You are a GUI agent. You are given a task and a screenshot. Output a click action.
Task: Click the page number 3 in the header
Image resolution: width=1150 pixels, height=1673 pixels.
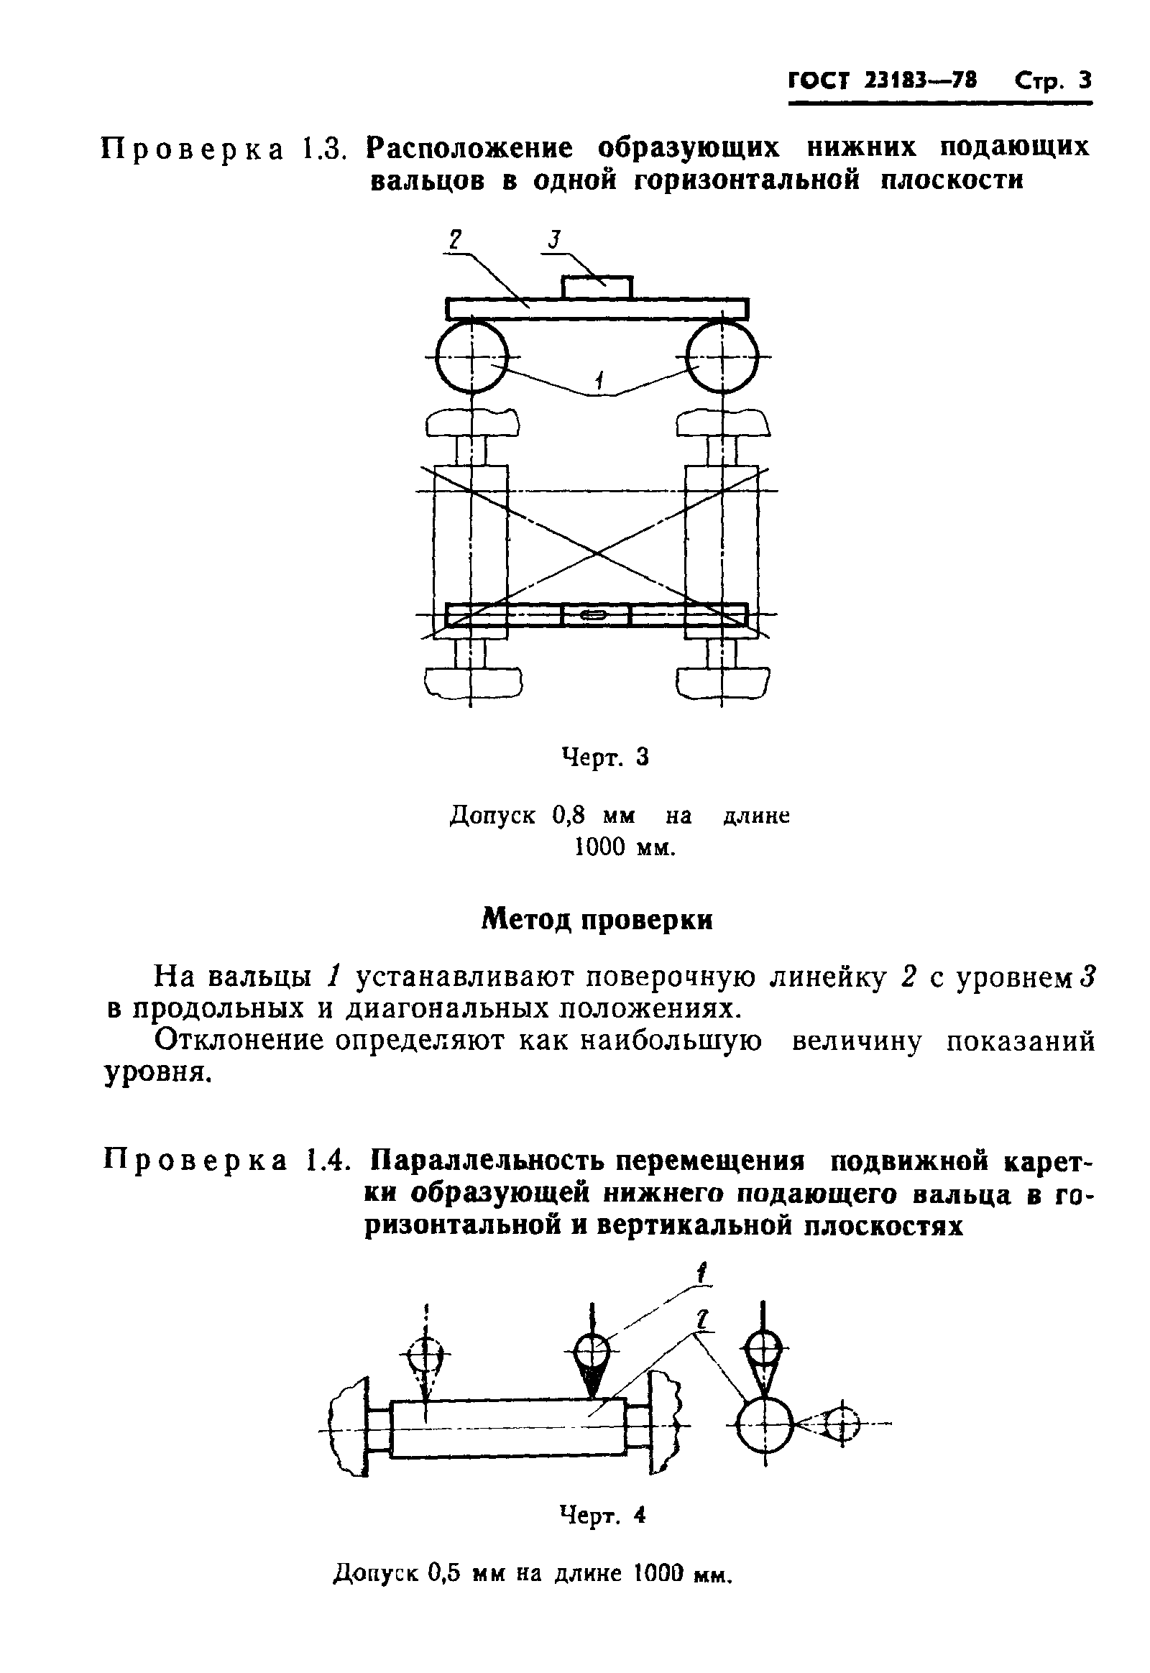pyautogui.click(x=1085, y=80)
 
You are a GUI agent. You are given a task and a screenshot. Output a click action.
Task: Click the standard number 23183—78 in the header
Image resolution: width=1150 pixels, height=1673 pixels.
pyautogui.click(x=919, y=80)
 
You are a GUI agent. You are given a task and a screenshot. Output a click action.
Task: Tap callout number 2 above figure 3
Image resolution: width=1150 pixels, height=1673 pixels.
pyautogui.click(x=455, y=240)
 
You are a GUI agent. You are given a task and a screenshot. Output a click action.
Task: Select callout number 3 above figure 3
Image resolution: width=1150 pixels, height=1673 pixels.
pyautogui.click(x=553, y=240)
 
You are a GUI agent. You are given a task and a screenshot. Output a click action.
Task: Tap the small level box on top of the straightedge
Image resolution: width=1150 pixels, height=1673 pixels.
pyautogui.click(x=597, y=287)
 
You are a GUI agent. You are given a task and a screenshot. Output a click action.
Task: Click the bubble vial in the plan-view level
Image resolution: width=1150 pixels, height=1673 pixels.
pyautogui.click(x=595, y=614)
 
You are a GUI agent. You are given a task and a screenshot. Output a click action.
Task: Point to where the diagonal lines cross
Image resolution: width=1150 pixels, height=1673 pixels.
pyautogui.click(x=597, y=553)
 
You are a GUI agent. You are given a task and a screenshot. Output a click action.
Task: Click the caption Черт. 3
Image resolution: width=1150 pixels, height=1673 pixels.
pyautogui.click(x=605, y=757)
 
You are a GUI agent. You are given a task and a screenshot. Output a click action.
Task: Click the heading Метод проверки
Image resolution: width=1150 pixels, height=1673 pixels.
pyautogui.click(x=597, y=920)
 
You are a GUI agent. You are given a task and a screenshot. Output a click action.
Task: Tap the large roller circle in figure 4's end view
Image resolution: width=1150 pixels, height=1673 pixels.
pyautogui.click(x=765, y=1424)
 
